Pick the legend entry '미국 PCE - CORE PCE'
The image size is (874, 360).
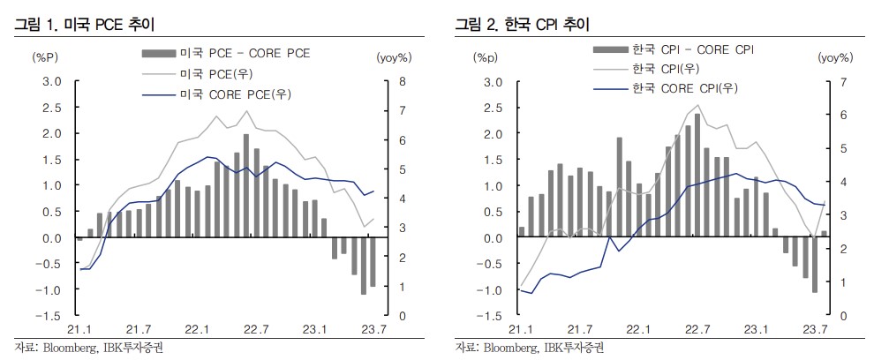(x=245, y=54)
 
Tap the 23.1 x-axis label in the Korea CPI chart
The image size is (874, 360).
(x=755, y=329)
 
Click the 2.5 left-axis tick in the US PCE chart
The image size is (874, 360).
(x=53, y=108)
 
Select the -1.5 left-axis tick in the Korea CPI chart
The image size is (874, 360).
(x=493, y=316)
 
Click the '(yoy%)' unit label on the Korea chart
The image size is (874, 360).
(x=834, y=58)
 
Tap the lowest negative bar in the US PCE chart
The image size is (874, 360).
(x=363, y=266)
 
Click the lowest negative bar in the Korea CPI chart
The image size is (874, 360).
(x=815, y=265)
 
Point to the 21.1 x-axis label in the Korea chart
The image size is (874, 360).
(x=521, y=329)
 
